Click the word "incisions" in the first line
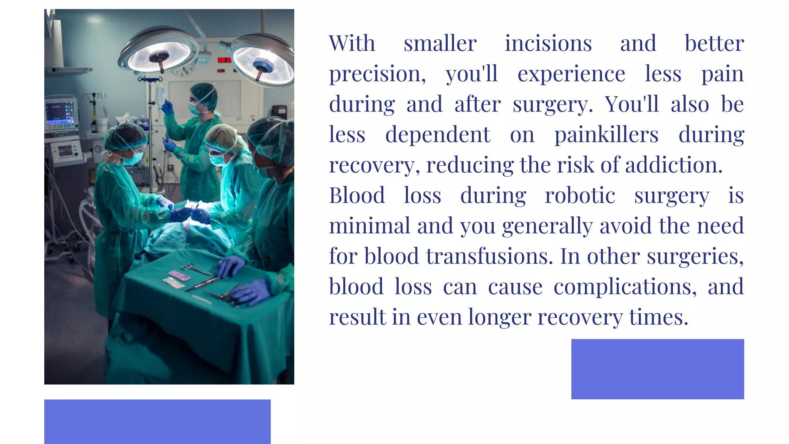[x=548, y=43]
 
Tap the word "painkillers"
[x=606, y=135]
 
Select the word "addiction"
[x=673, y=165]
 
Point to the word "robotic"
[x=580, y=195]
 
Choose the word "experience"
[x=571, y=74]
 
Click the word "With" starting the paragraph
[x=352, y=43]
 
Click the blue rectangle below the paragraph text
[x=657, y=369]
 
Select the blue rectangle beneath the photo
[x=157, y=421]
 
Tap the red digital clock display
[x=224, y=60]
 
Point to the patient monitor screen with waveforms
[x=60, y=112]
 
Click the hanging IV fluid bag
[x=160, y=94]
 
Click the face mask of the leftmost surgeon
[x=136, y=157]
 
